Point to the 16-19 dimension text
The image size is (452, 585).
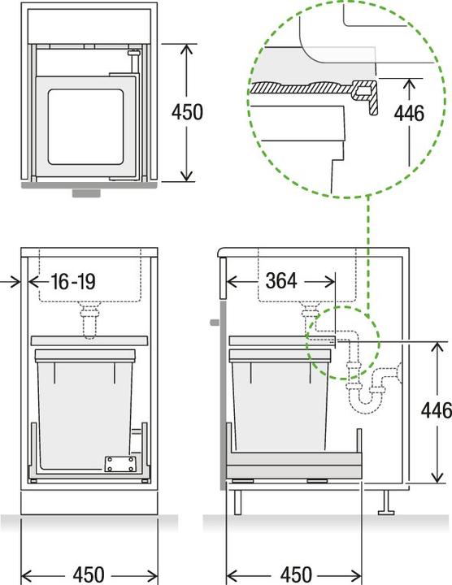pyautogui.click(x=72, y=282)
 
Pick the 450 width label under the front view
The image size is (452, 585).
pyautogui.click(x=99, y=574)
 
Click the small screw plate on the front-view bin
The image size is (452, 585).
pyautogui.click(x=119, y=464)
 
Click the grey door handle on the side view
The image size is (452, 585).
pyautogui.click(x=213, y=323)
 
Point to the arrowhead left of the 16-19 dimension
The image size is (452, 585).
pyautogui.click(x=17, y=282)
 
